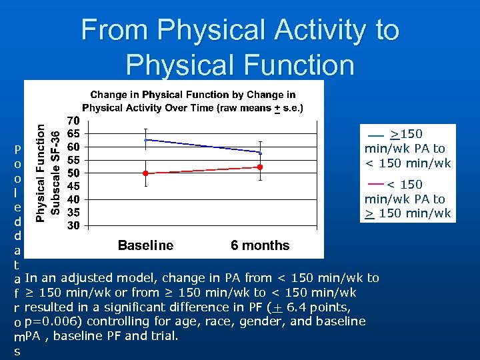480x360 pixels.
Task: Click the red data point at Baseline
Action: coord(146,173)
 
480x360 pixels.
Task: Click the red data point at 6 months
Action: coord(261,167)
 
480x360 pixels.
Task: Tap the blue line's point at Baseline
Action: coord(146,140)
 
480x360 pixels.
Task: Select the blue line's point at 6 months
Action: coord(261,153)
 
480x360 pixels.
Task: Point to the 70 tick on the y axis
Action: coord(73,121)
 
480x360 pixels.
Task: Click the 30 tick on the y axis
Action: coord(73,225)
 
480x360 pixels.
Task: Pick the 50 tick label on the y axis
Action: coord(73,173)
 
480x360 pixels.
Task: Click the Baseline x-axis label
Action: coord(145,245)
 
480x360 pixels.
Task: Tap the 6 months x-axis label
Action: coord(260,245)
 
